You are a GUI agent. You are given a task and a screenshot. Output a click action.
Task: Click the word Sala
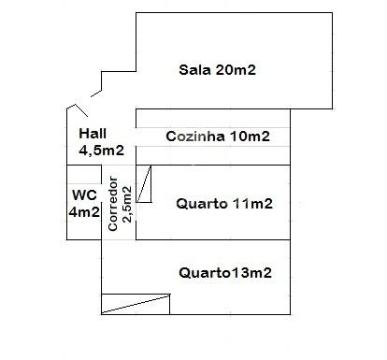pos(194,69)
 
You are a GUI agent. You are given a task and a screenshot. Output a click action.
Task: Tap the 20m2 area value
pos(236,69)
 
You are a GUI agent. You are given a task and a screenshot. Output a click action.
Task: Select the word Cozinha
pos(195,137)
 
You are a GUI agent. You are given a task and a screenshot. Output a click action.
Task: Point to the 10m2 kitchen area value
pos(250,137)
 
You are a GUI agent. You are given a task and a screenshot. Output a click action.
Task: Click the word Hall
pos(93,134)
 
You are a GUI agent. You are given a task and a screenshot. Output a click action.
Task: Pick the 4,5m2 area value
pos(102,151)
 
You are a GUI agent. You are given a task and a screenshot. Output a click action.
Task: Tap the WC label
pos(84,195)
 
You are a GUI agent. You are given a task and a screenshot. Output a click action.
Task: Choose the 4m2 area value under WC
pos(84,212)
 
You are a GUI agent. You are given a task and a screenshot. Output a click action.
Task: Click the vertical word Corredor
pos(112,204)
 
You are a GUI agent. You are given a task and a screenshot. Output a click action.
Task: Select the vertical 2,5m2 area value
pos(127,204)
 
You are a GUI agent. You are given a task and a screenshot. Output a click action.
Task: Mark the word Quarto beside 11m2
pos(202,204)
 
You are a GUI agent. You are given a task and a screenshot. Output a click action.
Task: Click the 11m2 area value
pos(252,204)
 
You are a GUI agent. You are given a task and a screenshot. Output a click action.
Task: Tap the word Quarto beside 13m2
pos(205,273)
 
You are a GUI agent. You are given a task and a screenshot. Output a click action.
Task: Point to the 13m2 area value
pos(251,273)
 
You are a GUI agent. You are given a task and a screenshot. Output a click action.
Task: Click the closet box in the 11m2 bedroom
pos(144,184)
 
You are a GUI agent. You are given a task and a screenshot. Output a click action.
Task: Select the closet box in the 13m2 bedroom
pos(136,304)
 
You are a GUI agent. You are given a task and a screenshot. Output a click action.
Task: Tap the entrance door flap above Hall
pos(81,111)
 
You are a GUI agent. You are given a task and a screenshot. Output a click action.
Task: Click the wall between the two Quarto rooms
pos(213,239)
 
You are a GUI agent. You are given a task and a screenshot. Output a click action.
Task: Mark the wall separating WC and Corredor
pos(102,202)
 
